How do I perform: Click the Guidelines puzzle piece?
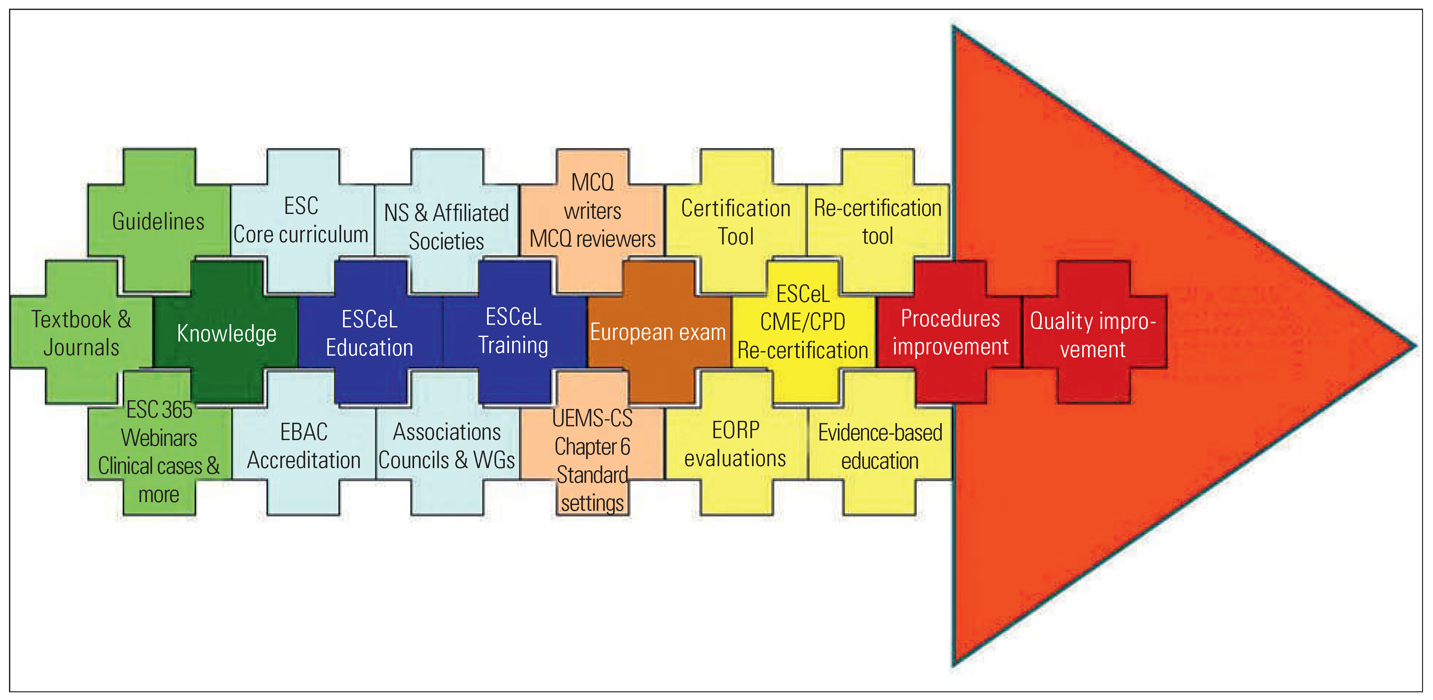tap(159, 221)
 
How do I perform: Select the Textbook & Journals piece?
tap(81, 333)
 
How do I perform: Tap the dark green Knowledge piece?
tap(226, 333)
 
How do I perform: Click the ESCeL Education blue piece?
tap(369, 333)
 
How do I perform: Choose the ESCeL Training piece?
tap(513, 332)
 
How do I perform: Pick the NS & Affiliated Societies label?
tap(446, 227)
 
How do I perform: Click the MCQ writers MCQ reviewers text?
tap(593, 211)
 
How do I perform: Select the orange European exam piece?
tap(658, 332)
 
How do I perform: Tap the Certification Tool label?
tap(735, 222)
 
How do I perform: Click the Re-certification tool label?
tap(878, 222)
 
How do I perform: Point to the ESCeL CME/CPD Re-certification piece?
tap(803, 323)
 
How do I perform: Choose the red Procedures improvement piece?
tap(950, 332)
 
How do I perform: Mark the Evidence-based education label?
tap(880, 447)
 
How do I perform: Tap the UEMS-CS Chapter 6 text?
tap(593, 433)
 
